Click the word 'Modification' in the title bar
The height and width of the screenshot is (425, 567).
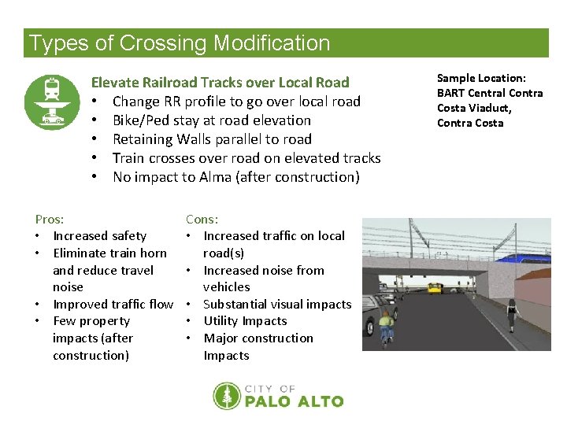(270, 43)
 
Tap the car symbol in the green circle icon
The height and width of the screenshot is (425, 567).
(52, 119)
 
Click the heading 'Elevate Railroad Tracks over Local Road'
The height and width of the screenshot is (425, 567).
(220, 82)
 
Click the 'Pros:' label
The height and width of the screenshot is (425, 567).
(50, 220)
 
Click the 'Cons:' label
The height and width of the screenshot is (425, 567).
(202, 220)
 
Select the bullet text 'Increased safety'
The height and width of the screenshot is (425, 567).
(99, 235)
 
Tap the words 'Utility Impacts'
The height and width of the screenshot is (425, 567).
(245, 321)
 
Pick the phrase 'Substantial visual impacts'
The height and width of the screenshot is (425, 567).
(277, 304)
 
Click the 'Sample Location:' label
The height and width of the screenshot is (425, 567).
(481, 78)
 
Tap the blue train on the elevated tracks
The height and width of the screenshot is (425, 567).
(526, 257)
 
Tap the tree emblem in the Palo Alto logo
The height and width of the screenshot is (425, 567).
(227, 396)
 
